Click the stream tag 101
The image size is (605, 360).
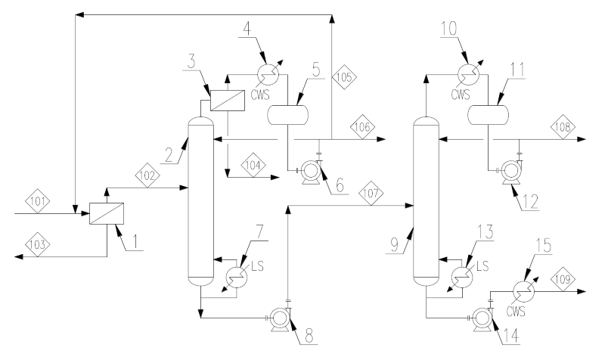point(38,201)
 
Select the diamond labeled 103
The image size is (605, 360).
point(38,244)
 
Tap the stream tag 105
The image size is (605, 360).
point(344,77)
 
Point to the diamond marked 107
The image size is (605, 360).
point(371,193)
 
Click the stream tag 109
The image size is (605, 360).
point(563,279)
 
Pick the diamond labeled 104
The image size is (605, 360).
point(253,166)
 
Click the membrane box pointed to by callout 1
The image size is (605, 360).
point(107,213)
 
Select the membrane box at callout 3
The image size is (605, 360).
point(228,101)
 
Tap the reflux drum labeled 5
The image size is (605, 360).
point(288,115)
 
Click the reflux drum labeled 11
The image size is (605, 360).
point(488,115)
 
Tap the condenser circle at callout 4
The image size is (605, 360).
point(268,74)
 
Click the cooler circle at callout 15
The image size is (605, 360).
point(524,292)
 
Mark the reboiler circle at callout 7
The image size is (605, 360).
point(237,277)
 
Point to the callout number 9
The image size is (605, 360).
point(393,245)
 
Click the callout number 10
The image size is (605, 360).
point(449,29)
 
